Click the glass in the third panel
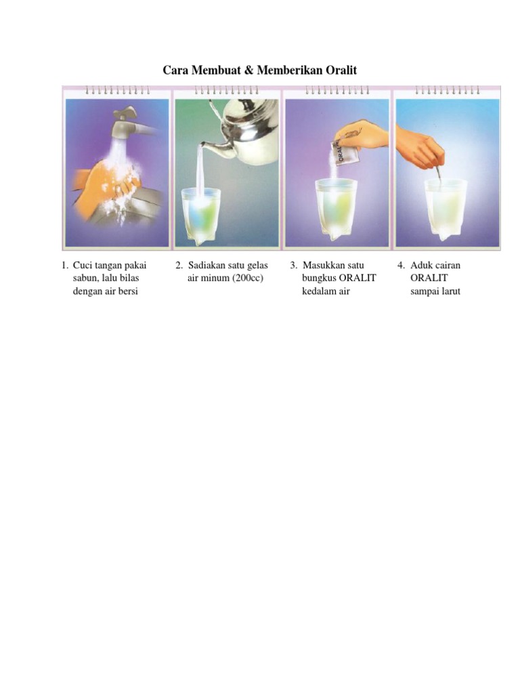pyautogui.click(x=335, y=210)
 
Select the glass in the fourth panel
pyautogui.click(x=445, y=210)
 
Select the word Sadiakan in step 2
pyautogui.click(x=207, y=265)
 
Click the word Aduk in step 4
pyautogui.click(x=421, y=265)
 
